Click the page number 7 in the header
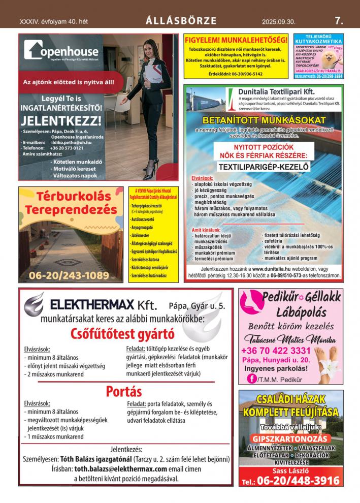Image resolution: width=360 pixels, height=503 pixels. click(339, 21)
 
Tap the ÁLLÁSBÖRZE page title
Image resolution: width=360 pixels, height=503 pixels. click(181, 21)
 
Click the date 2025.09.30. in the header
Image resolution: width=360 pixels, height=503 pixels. click(278, 22)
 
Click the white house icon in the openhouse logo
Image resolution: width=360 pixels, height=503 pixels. click(34, 50)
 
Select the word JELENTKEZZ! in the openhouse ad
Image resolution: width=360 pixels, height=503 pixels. click(61, 121)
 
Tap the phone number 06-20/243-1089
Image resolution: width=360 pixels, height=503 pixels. click(69, 276)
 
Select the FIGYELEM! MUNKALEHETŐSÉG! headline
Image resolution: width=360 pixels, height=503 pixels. click(236, 40)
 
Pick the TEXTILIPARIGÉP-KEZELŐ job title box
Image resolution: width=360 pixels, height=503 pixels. click(263, 166)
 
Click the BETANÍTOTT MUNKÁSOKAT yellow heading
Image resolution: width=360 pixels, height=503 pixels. click(264, 120)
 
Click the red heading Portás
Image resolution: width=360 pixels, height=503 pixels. click(123, 391)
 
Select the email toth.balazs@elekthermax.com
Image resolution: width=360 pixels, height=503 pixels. click(121, 469)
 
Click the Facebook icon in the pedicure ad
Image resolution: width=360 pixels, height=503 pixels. click(251, 378)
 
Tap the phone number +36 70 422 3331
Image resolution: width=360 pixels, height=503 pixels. click(276, 351)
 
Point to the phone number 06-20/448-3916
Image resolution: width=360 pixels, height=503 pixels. click(298, 481)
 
